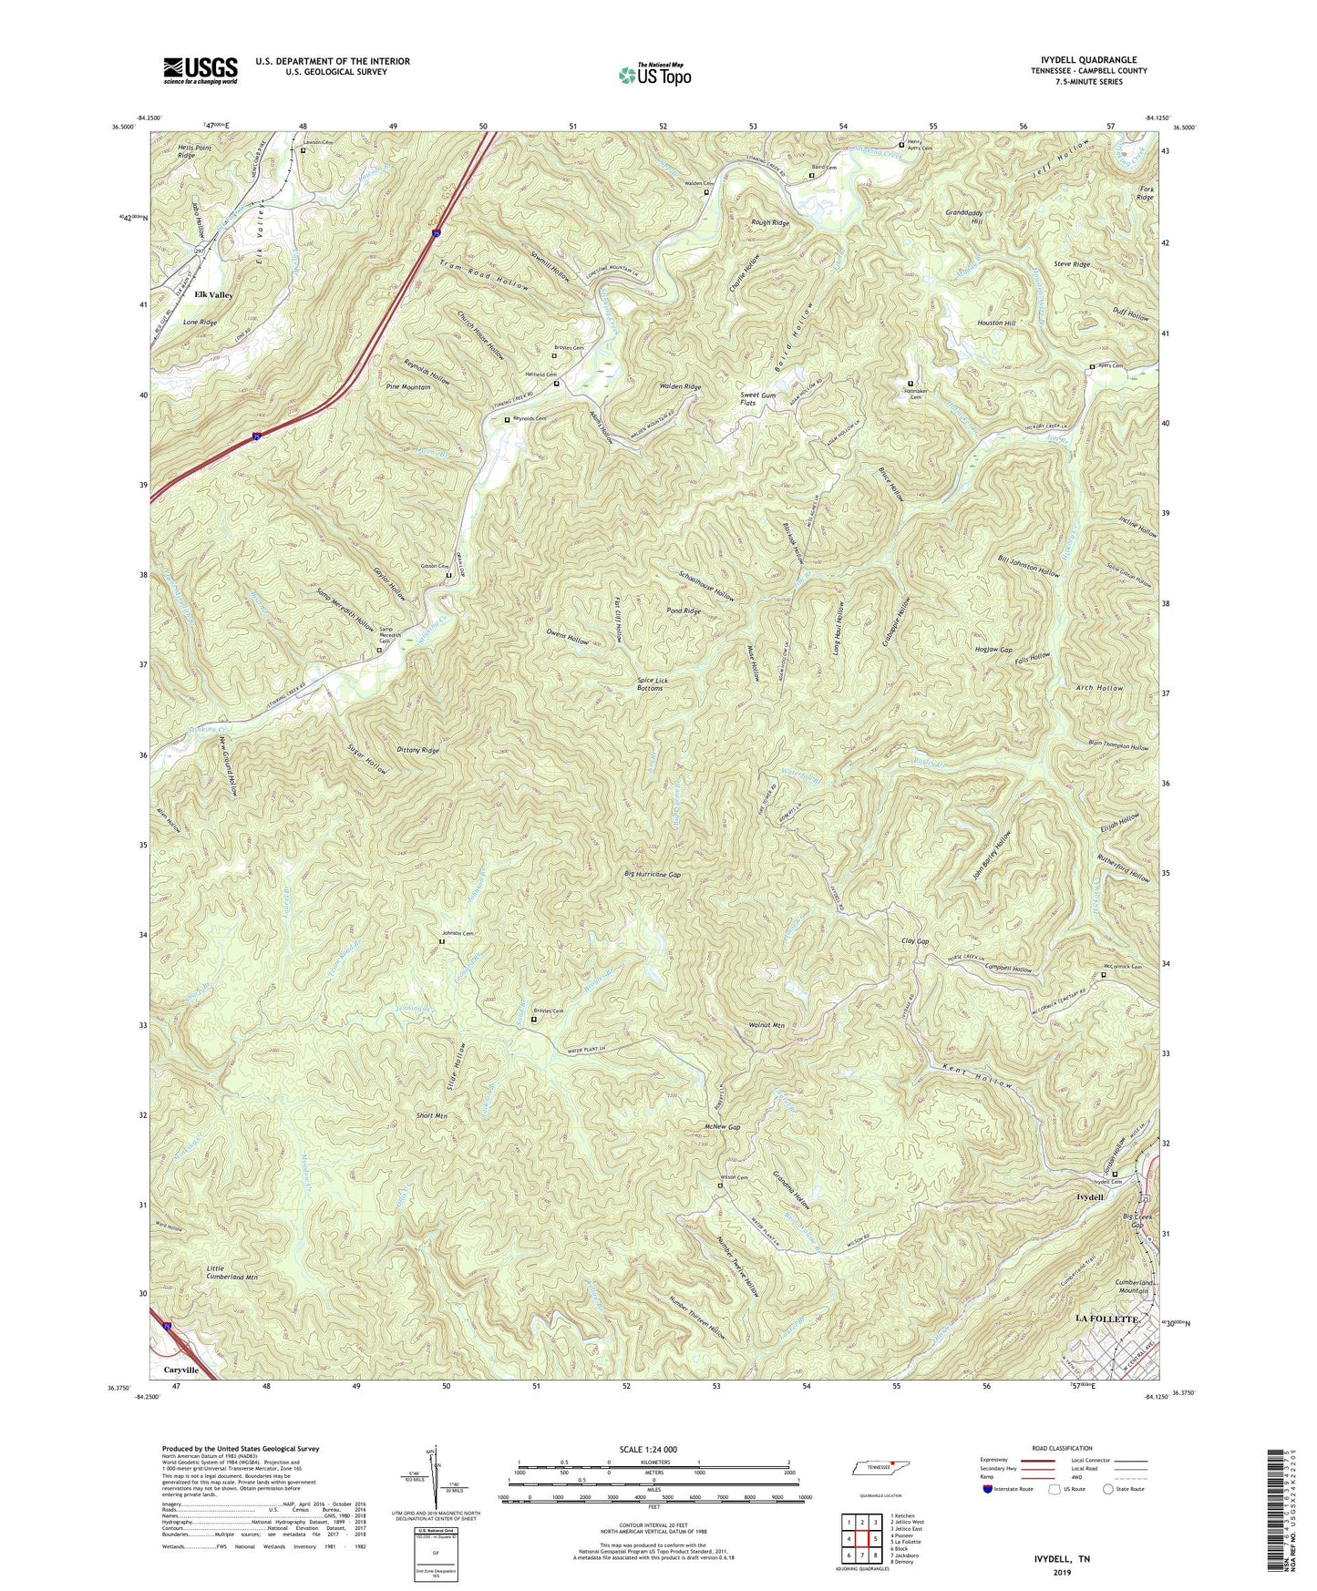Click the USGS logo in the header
[201, 70]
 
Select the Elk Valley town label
[213, 295]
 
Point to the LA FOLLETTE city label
[1106, 1319]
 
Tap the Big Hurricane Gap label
[653, 875]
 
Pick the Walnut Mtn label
[766, 1025]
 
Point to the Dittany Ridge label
[418, 750]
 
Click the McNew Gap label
[722, 1127]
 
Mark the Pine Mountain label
[408, 387]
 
